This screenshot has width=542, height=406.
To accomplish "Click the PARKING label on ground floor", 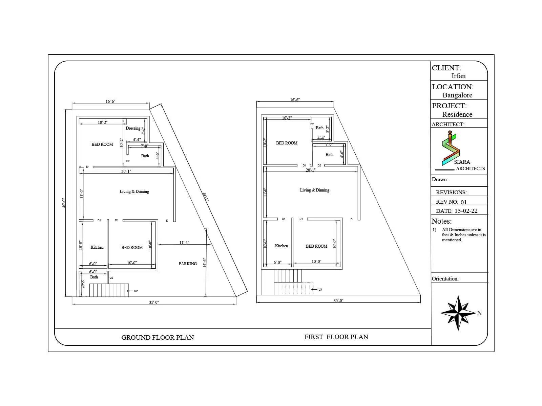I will (188, 264).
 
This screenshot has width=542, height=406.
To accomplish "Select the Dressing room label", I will (133, 128).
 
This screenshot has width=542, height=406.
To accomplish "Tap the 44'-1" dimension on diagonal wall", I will (206, 197).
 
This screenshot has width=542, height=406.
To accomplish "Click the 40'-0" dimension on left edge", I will (64, 203).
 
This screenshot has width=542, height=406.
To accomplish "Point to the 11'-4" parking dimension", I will (184, 242).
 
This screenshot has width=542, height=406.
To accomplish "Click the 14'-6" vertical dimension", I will (204, 263).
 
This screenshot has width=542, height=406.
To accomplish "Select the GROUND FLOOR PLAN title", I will (158, 337).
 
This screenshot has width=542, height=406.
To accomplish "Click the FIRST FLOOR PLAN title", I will (336, 337).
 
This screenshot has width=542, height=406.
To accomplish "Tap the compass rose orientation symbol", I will (458, 313).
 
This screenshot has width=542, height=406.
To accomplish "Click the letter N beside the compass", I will (479, 313).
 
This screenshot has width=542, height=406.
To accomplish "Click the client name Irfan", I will (458, 76).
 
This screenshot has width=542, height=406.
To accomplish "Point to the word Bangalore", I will (457, 95).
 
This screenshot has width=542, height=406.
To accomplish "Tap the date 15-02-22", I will (466, 211).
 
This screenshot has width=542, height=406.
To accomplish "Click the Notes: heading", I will (441, 221).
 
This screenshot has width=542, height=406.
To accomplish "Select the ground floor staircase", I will (109, 290).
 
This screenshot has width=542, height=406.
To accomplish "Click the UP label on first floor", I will (320, 290).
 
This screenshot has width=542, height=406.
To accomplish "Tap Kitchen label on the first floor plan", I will (282, 246).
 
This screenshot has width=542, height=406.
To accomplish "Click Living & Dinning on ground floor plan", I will (134, 191).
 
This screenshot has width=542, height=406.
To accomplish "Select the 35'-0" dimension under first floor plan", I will (338, 301).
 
